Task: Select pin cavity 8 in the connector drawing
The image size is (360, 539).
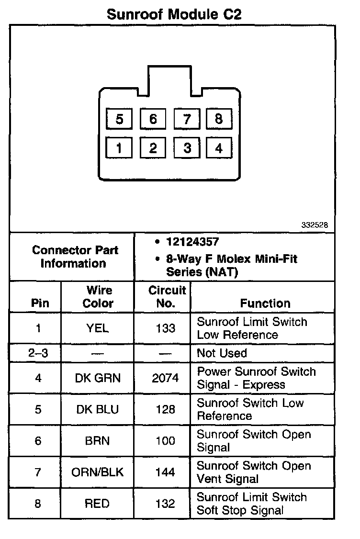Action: point(219,118)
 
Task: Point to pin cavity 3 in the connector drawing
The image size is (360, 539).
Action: point(187,148)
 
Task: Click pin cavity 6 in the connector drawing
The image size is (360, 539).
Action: point(153,118)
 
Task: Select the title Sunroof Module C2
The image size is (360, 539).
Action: point(174,14)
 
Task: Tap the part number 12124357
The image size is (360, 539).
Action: point(193,242)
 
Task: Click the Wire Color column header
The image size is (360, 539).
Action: point(98,297)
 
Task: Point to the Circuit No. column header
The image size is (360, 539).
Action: point(167,297)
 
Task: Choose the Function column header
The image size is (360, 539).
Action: point(265,303)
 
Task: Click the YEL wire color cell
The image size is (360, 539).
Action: point(98,328)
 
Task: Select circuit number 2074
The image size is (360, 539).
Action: point(165,378)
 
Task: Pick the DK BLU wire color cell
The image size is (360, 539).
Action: point(98,410)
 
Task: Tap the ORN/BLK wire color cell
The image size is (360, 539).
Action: point(98,472)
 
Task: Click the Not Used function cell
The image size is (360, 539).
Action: point(222,353)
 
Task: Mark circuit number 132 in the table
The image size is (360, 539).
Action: point(165,504)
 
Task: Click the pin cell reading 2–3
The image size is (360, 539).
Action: point(38,353)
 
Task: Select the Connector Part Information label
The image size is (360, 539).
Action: point(75,257)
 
